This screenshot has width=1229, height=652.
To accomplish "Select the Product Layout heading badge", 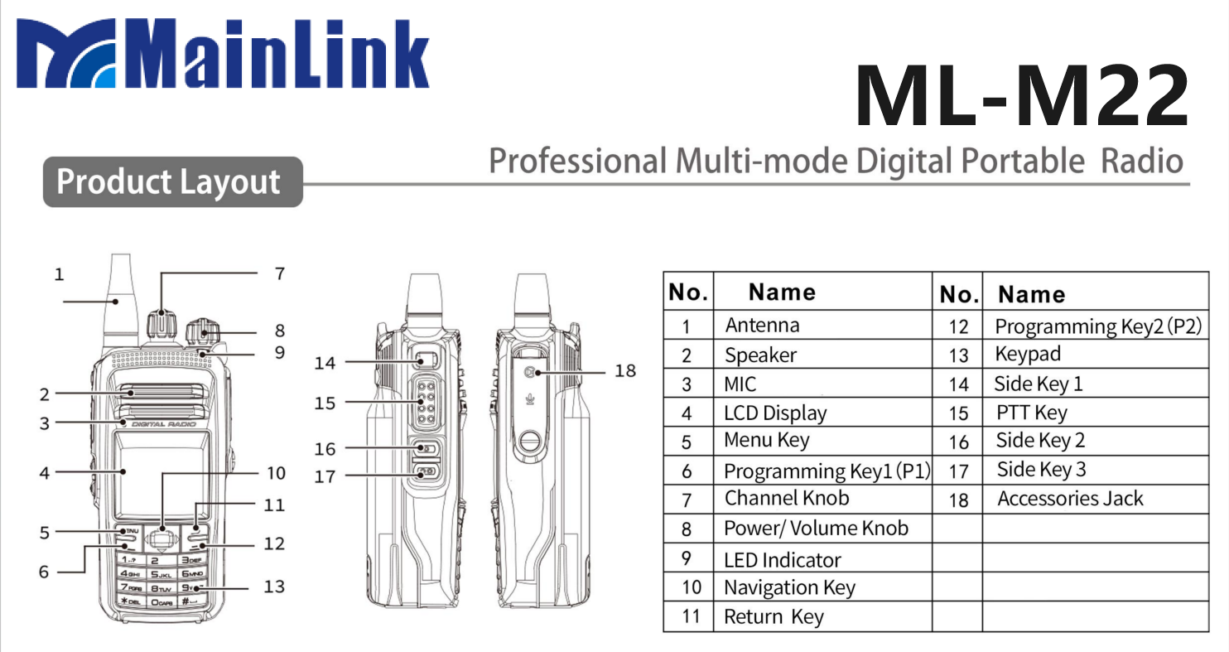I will pyautogui.click(x=170, y=181).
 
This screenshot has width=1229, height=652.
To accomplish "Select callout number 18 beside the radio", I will pyautogui.click(x=625, y=370).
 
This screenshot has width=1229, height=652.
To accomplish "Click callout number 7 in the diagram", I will pyautogui.click(x=280, y=273).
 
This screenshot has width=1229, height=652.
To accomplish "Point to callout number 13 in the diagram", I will pyautogui.click(x=274, y=587).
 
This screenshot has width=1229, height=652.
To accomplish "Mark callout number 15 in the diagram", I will pyautogui.click(x=325, y=403).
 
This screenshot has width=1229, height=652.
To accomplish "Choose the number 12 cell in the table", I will pyautogui.click(x=958, y=326).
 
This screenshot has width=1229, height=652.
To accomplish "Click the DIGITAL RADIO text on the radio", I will pyautogui.click(x=163, y=424).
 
